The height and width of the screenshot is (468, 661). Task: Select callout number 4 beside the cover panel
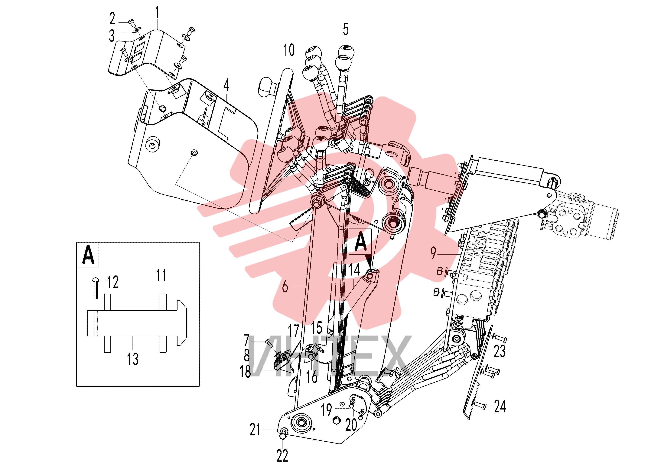point(226,85)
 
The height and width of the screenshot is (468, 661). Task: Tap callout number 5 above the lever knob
point(346,29)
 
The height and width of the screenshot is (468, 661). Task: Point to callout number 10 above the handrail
point(289,50)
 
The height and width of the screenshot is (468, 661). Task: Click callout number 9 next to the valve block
point(433,253)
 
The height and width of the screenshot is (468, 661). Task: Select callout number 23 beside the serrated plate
point(500,351)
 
